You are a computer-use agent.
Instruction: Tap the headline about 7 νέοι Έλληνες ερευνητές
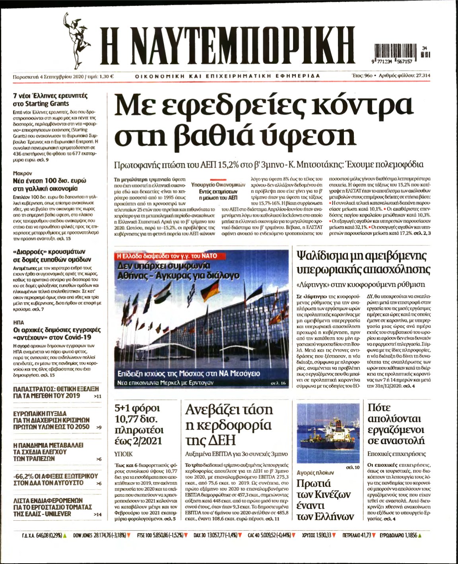50,99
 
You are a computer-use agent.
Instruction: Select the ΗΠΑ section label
19,322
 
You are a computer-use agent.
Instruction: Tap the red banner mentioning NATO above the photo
166,256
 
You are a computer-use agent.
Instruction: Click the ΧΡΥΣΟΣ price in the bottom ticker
320,535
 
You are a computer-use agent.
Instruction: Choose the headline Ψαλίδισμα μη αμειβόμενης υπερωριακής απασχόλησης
363,263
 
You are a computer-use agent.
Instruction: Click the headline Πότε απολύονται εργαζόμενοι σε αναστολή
396,424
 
